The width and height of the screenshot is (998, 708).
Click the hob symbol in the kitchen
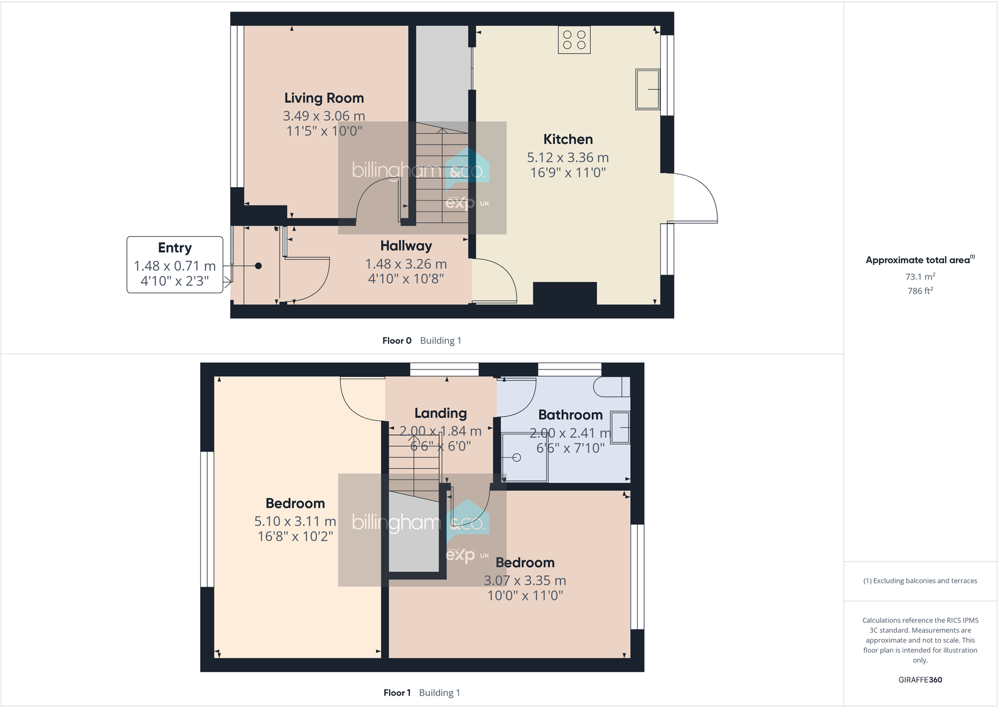(574, 40)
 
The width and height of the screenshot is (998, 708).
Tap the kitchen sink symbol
(648, 90)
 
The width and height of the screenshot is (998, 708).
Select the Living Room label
(324, 98)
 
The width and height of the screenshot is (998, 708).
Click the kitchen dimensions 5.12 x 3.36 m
(567, 158)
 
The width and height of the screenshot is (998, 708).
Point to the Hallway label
(406, 246)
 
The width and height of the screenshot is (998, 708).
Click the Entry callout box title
(174, 248)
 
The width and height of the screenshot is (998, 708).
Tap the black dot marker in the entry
(258, 266)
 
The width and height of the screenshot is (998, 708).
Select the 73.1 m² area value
(920, 276)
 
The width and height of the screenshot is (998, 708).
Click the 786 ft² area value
(920, 291)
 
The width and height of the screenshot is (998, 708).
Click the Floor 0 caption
(397, 340)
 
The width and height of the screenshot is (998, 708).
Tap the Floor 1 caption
(397, 693)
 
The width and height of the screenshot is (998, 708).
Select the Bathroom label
(570, 415)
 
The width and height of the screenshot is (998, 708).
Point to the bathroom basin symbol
(620, 427)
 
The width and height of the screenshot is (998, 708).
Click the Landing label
(441, 413)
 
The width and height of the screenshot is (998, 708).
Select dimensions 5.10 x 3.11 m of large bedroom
(295, 521)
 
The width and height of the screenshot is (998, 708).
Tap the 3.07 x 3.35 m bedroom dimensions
(525, 580)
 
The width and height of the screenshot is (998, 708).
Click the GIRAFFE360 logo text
(920, 680)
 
